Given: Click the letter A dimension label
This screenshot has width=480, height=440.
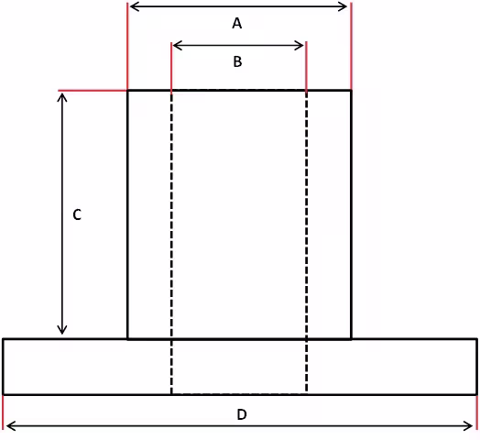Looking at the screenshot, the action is tap(237, 23).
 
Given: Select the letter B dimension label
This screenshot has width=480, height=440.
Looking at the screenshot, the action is tap(237, 61).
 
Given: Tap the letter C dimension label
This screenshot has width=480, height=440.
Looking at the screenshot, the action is tap(77, 214).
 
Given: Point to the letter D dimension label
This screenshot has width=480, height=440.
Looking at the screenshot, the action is tap(242, 414).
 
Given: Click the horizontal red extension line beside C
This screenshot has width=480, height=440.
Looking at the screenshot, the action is tap(93, 91).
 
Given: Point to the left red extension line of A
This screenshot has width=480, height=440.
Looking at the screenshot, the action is tap(127, 46).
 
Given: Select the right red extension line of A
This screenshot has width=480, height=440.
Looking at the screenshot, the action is tap(351, 46).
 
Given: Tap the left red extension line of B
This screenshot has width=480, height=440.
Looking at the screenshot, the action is tap(171, 67).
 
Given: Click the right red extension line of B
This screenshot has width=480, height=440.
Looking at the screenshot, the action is tap(307, 67).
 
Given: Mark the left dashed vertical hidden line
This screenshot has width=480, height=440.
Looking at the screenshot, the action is tap(171, 242).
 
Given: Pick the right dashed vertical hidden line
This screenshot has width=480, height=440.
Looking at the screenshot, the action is tap(307, 242).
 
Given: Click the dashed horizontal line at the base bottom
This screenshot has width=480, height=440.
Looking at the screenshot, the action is tap(239, 394).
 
